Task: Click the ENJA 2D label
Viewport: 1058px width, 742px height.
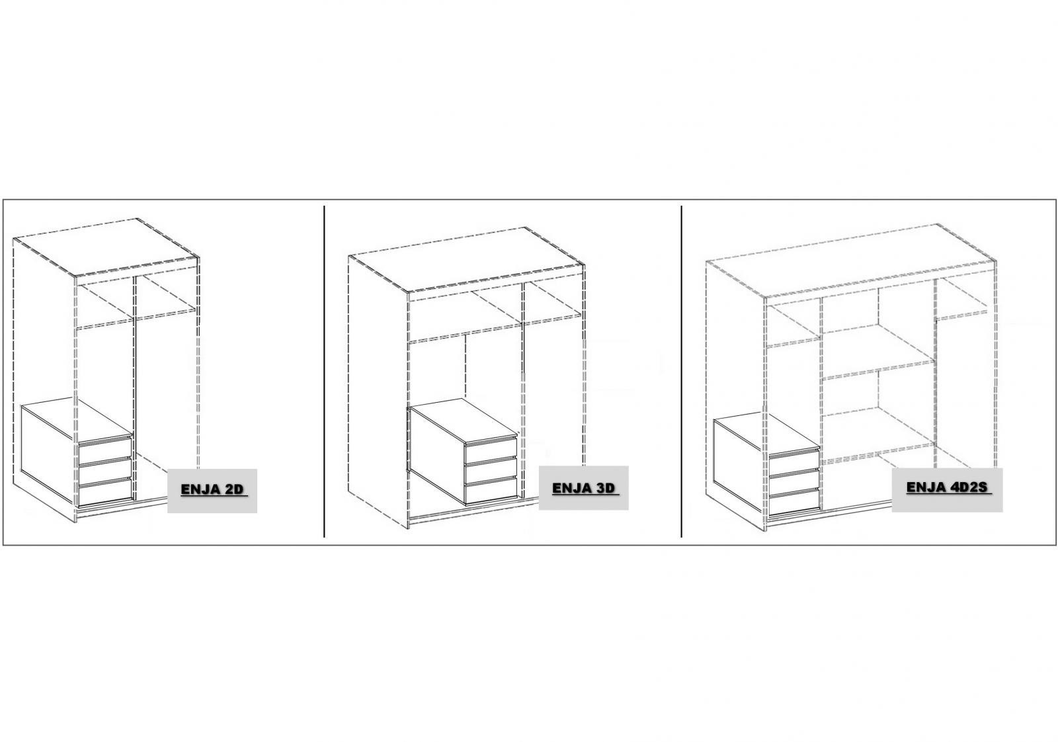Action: pos(214,489)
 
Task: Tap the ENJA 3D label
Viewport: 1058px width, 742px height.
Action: pos(585,488)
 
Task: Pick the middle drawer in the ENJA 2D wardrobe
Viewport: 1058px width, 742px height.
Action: pos(105,473)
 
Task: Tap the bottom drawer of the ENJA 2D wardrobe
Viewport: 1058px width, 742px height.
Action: pos(105,493)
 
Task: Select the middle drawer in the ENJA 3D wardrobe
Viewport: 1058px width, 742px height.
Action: pos(491,472)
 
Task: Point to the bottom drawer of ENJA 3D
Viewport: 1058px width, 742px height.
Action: pos(491,492)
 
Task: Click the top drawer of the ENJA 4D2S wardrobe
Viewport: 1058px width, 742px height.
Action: pos(794,461)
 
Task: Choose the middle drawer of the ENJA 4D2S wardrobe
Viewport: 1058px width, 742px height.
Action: pos(794,481)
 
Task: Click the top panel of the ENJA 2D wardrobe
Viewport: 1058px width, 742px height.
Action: pos(106,247)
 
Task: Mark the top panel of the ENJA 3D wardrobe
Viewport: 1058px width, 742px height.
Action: pos(467,259)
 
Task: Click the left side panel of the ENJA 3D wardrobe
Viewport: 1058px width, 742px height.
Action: pos(378,392)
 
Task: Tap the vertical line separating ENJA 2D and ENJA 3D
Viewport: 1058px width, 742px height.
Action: pos(324,371)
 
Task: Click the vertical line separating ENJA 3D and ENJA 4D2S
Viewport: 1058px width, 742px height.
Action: pos(681,371)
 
